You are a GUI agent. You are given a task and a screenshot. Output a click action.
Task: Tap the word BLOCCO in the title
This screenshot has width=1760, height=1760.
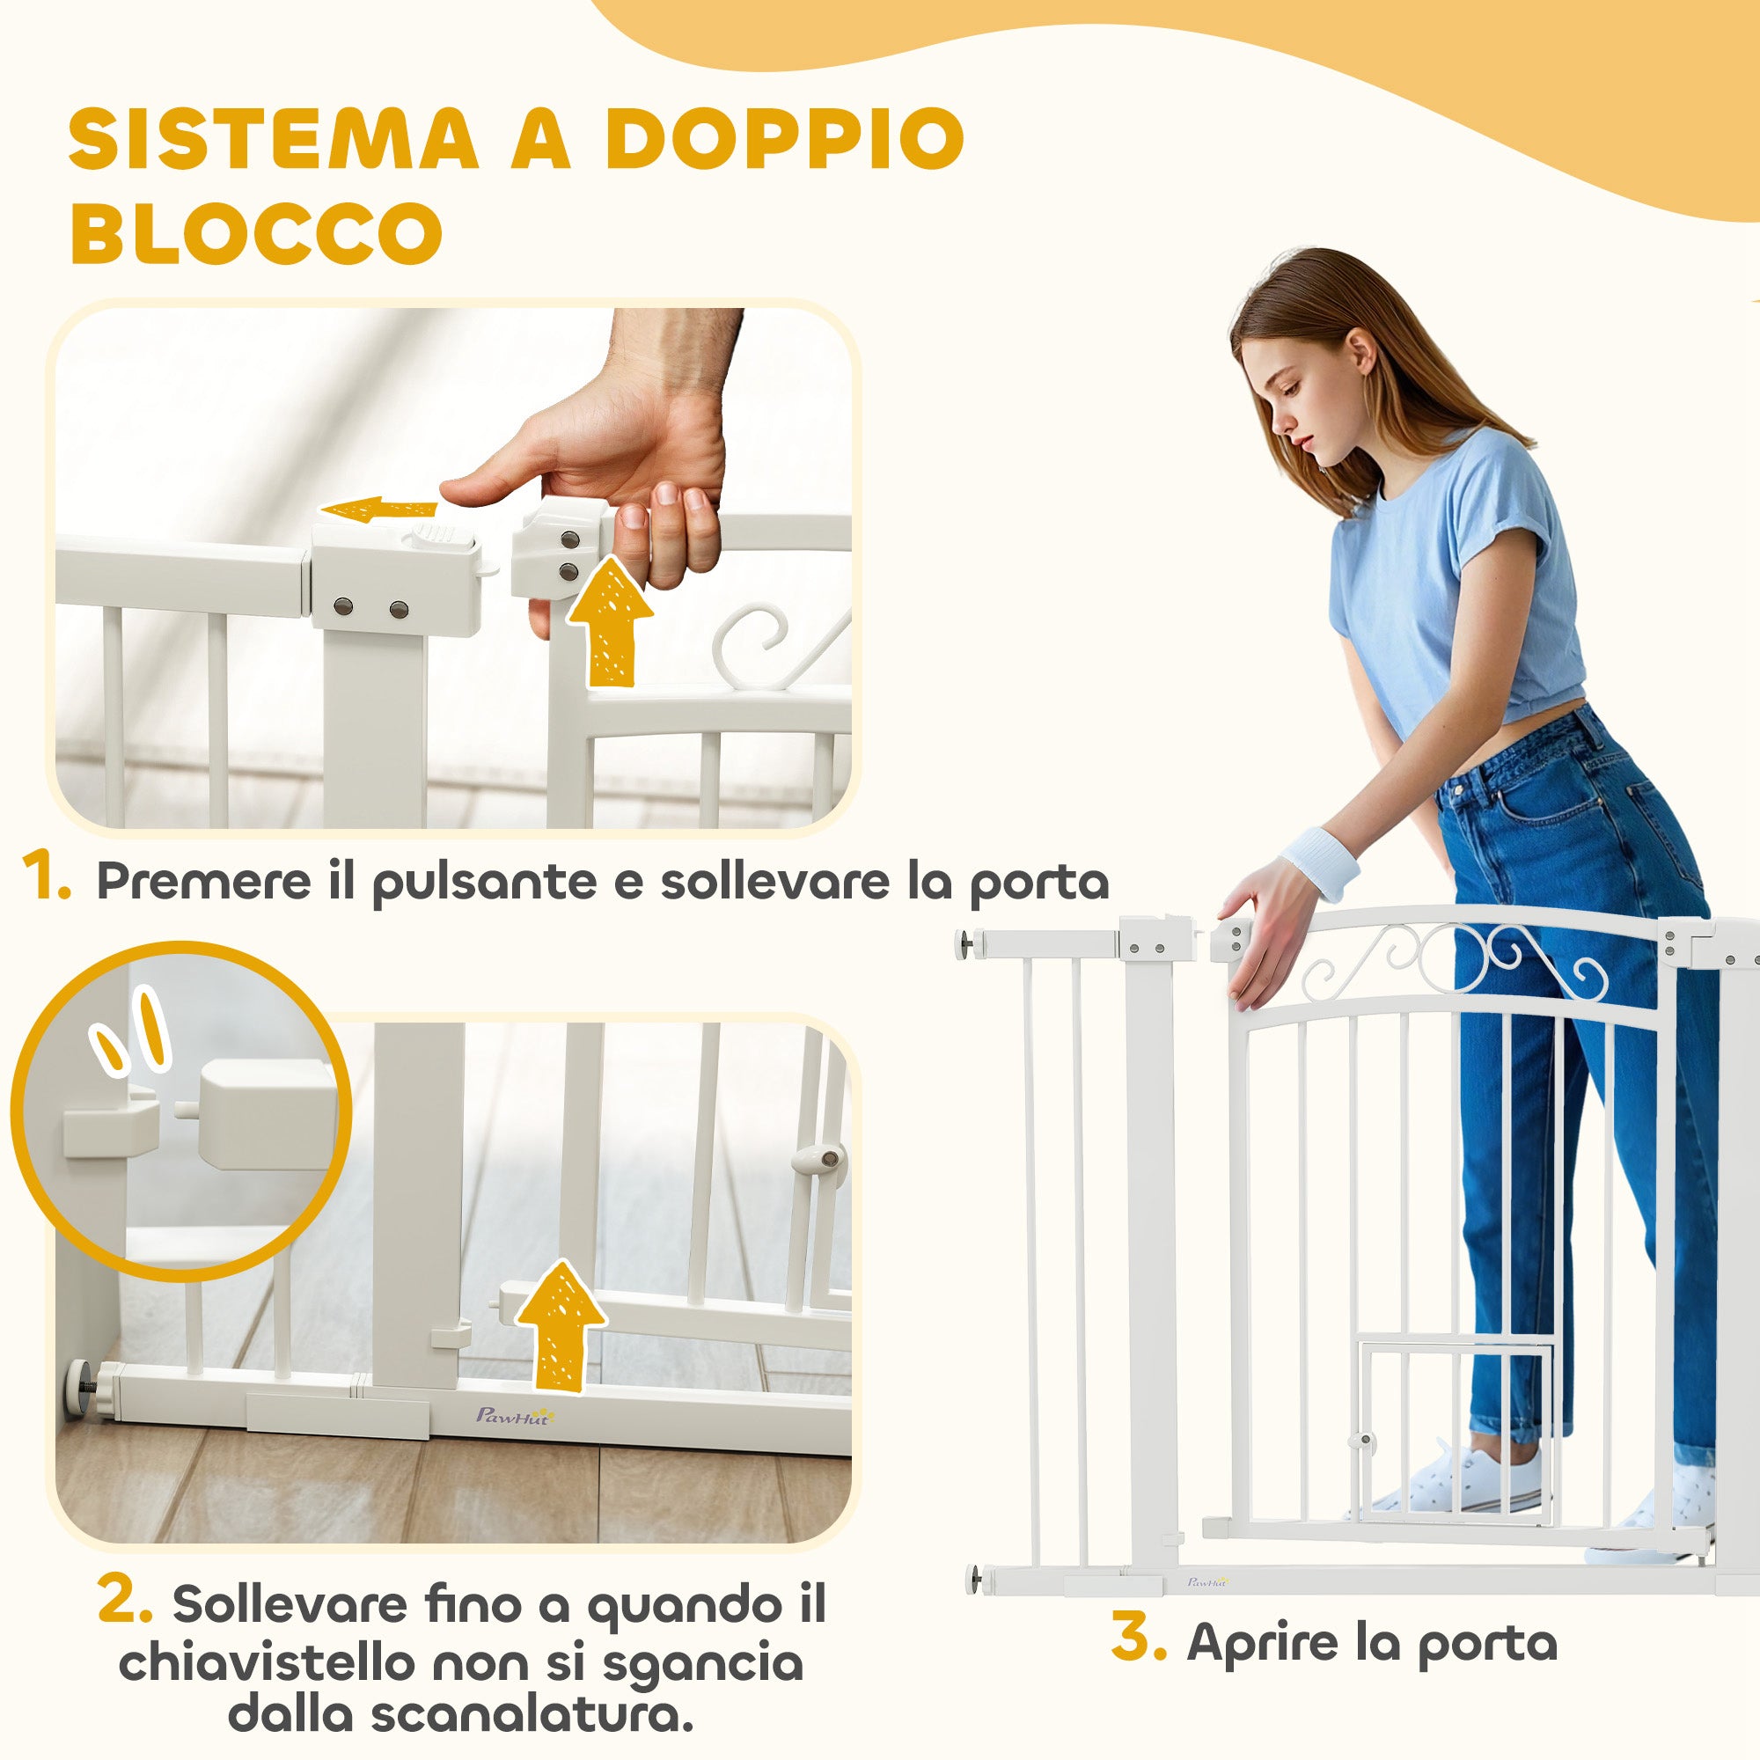pyautogui.click(x=257, y=232)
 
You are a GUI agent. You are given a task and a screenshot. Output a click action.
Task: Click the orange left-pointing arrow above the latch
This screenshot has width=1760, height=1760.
pyautogui.click(x=381, y=511)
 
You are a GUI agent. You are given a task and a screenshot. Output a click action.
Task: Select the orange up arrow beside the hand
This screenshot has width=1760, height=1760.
pyautogui.click(x=610, y=623)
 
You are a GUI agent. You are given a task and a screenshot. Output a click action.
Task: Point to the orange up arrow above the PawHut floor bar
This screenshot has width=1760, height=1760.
pyautogui.click(x=560, y=1327)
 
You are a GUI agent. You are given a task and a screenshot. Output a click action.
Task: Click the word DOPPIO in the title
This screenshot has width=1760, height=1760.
pyautogui.click(x=783, y=139)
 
